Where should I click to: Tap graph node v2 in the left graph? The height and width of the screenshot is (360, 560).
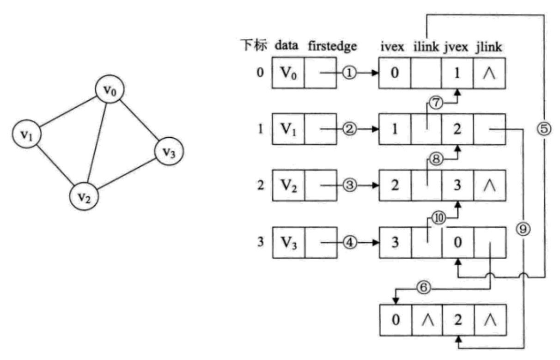coord(84,197)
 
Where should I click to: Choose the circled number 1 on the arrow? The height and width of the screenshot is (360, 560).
coord(349,73)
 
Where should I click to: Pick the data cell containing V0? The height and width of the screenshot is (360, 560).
coord(287,73)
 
